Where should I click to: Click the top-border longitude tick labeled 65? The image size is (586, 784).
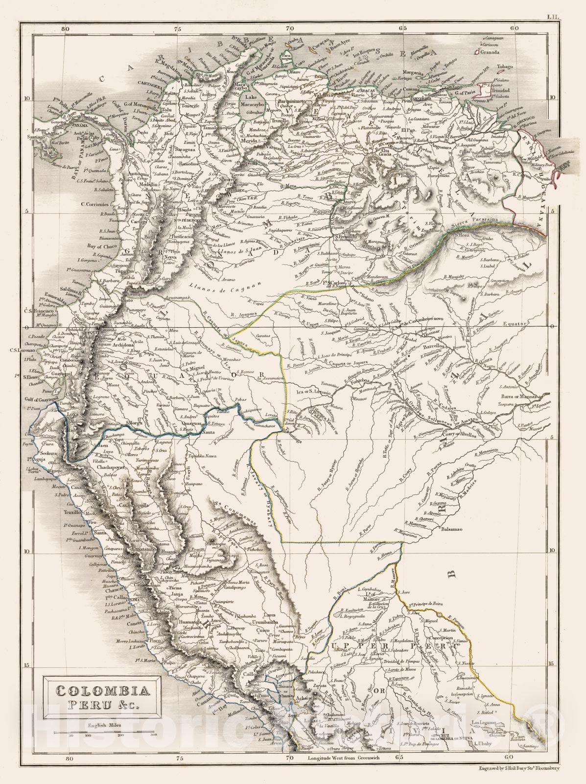click(403, 28)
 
